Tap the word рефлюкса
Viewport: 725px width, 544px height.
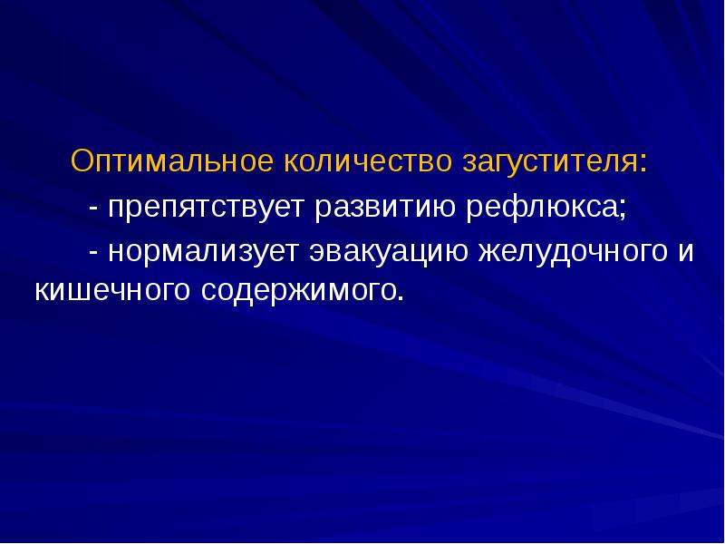(x=542, y=208)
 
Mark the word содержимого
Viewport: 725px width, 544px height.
(x=290, y=292)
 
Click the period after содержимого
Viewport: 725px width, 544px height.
(x=396, y=298)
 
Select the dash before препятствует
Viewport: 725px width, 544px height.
(x=94, y=209)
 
